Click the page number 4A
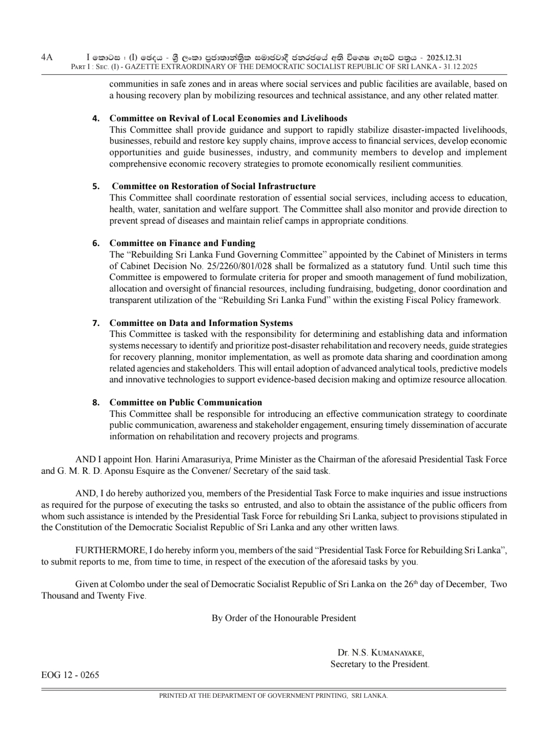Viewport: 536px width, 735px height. click(x=47, y=57)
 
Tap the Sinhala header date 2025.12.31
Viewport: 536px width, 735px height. click(x=444, y=58)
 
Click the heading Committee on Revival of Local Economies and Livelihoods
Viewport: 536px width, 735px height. click(x=228, y=119)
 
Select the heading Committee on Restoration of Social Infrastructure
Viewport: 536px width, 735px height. click(x=213, y=186)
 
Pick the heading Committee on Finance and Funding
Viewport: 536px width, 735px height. click(x=182, y=243)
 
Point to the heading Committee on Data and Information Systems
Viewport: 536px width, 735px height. click(x=201, y=323)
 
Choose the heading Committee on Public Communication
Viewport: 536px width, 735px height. click(x=185, y=402)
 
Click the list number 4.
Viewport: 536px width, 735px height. click(x=96, y=119)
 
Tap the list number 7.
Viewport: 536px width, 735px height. click(x=96, y=323)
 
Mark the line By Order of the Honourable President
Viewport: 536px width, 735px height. click(x=283, y=619)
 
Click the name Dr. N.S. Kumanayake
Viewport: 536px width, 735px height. click(x=380, y=652)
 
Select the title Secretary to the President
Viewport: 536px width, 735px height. click(x=379, y=664)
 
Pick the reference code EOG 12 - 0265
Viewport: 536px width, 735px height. click(x=70, y=675)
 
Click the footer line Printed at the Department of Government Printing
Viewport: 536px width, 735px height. click(x=273, y=696)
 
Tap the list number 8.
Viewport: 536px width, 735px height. click(x=96, y=402)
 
